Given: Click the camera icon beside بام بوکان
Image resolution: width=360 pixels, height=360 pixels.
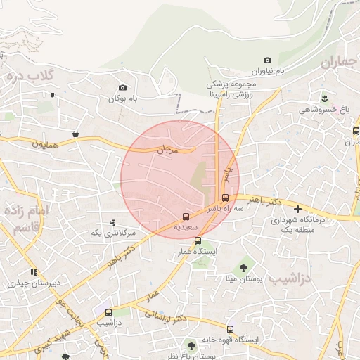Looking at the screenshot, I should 123,88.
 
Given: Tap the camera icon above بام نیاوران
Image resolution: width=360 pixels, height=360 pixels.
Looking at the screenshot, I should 266,60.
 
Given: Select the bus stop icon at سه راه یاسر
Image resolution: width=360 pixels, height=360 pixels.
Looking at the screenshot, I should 225,198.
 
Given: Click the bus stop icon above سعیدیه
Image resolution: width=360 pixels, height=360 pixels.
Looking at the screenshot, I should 186,217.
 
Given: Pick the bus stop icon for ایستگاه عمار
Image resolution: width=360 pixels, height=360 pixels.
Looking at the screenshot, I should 198,240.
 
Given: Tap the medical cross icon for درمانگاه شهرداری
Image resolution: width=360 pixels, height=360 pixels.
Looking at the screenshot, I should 297,209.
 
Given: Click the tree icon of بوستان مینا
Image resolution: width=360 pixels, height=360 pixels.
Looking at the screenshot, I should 243,267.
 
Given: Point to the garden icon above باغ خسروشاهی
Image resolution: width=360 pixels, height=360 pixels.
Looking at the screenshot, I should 324,98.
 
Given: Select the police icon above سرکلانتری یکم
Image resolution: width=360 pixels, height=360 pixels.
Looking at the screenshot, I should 112,222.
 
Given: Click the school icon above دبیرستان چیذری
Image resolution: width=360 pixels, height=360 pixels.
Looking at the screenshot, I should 33,272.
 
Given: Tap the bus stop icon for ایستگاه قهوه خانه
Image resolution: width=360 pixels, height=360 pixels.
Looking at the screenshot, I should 230,329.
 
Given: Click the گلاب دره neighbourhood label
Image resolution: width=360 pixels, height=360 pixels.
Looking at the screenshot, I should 35,75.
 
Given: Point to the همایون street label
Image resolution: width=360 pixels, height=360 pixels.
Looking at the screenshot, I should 48,143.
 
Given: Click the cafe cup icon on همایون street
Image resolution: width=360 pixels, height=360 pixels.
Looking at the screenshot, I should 75,134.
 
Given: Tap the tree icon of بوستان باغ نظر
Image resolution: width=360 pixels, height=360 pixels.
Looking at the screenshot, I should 191,345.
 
